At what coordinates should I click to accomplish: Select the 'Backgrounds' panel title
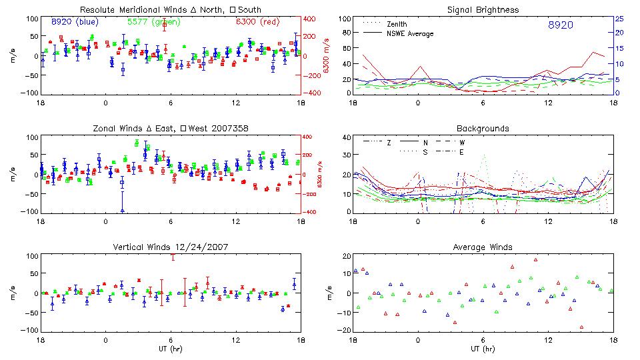tap(483, 128)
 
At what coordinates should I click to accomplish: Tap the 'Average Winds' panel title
tap(483, 247)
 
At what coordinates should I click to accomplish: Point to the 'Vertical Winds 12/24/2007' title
tap(171, 247)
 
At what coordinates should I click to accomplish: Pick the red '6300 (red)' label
tap(258, 22)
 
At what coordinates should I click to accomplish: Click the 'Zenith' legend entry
tap(397, 24)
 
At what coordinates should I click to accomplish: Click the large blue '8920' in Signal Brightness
tap(560, 25)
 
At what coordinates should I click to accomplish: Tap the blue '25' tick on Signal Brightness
tap(619, 19)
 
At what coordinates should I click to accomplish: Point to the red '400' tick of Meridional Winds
tap(311, 19)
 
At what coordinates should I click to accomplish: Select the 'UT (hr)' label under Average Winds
tap(483, 349)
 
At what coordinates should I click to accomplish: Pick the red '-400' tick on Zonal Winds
tap(310, 212)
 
